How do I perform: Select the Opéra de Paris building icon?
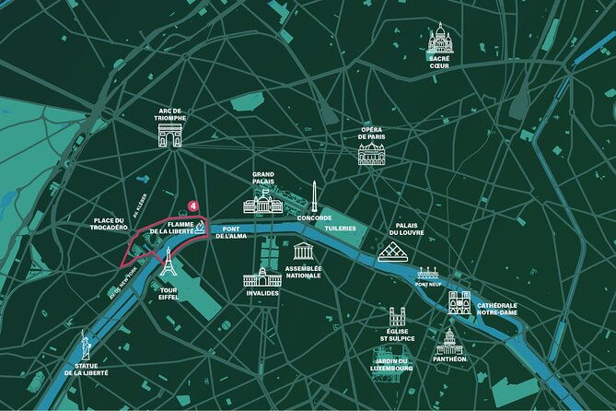[x=373, y=152]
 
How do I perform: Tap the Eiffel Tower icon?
[x=168, y=263]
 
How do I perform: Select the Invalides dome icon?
[x=261, y=276]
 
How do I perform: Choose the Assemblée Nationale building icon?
[x=303, y=252]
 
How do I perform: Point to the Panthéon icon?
[x=448, y=342]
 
